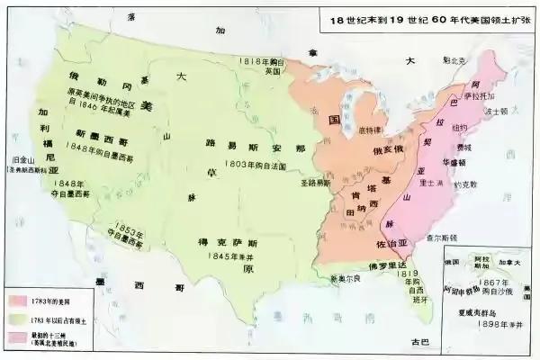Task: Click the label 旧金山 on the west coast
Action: (x=20, y=161)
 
